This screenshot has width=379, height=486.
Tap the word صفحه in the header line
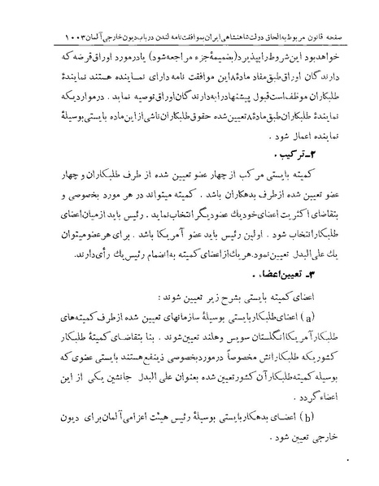[325, 37]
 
